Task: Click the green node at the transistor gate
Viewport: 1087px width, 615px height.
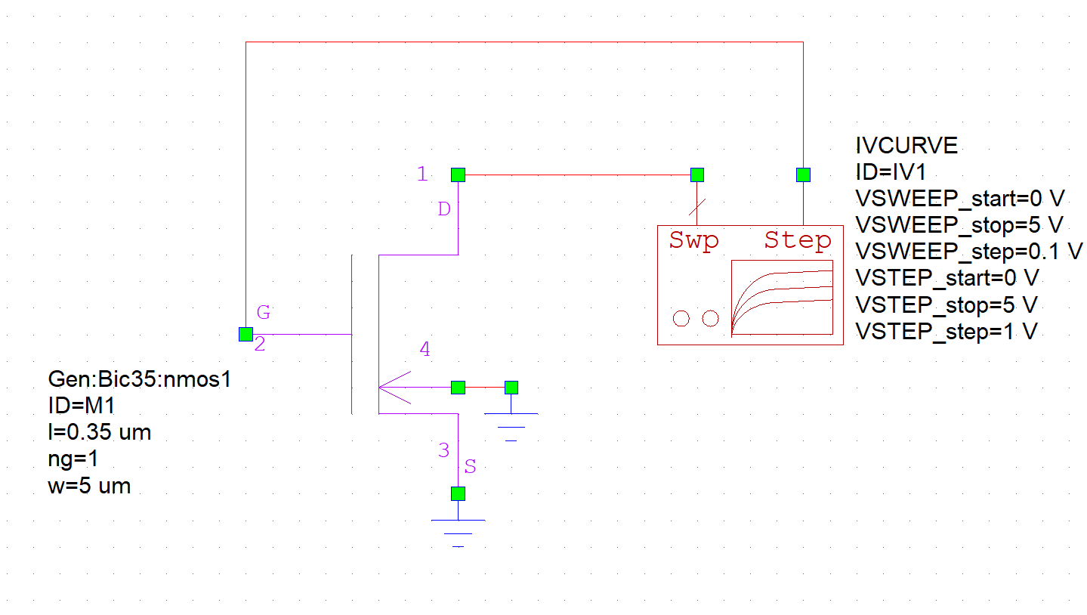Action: click(x=246, y=334)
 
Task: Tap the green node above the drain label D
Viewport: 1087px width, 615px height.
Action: click(x=458, y=175)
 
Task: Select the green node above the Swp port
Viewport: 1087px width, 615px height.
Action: click(x=697, y=175)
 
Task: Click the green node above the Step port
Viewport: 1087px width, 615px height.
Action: click(x=803, y=175)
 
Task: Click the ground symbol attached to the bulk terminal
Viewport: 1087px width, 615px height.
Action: click(x=511, y=423)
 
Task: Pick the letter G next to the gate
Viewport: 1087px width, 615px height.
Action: click(x=263, y=311)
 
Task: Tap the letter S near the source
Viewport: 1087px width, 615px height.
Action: click(x=470, y=467)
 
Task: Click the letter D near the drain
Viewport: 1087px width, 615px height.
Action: click(x=444, y=209)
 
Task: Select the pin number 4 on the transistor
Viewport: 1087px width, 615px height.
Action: click(x=425, y=349)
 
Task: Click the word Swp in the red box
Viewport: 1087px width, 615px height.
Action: click(x=693, y=241)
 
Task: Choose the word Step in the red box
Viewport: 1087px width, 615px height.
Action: click(x=798, y=241)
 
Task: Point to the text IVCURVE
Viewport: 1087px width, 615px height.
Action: click(x=906, y=145)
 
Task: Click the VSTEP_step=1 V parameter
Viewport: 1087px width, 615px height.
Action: click(x=945, y=331)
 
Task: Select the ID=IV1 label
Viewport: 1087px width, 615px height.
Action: click(x=891, y=172)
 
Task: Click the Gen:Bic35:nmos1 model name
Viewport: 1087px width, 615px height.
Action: click(x=139, y=379)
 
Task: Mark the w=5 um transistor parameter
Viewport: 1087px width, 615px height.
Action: click(x=89, y=486)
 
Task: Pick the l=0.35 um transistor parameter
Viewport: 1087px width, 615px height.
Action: click(x=99, y=433)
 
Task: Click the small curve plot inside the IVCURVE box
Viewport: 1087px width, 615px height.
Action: click(x=782, y=297)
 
